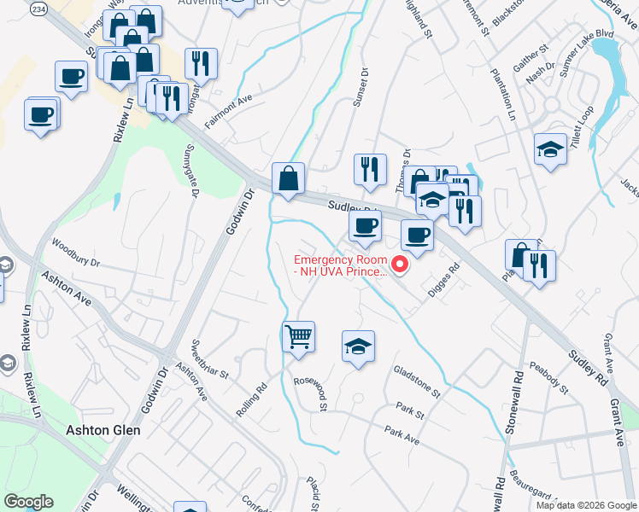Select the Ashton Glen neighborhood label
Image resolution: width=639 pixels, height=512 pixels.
pos(103,430)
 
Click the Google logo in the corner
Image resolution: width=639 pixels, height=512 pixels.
pos(28,502)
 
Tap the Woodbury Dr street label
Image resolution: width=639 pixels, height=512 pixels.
pos(76,253)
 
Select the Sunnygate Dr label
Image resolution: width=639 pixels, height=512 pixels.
pos(190,170)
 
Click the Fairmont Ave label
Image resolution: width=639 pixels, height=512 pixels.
pos(228,111)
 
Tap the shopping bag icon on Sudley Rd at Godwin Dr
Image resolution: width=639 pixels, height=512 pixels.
pos(288,178)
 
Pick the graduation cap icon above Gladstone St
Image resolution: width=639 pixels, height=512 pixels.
pos(359,346)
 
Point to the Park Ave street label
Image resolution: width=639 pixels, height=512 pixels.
pos(402,436)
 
